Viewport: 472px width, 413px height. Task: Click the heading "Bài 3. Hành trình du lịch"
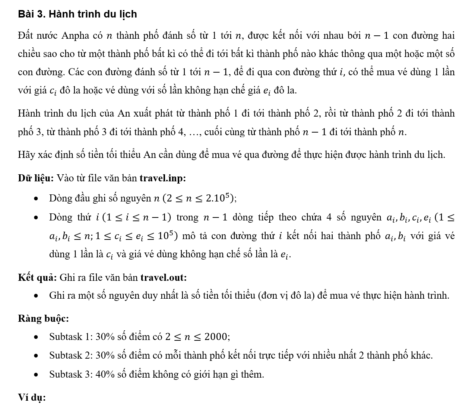pos(77,14)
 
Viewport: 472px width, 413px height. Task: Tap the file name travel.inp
pos(162,178)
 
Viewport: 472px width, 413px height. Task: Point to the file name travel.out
pos(164,277)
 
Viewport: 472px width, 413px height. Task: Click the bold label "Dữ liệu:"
pos(36,178)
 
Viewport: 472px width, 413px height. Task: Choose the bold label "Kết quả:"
pos(37,277)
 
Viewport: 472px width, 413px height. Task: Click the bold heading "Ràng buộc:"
pos(43,318)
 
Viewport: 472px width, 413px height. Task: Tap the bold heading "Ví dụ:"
pos(32,397)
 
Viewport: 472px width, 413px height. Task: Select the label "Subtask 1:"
pos(71,337)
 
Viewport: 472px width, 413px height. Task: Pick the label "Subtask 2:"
pos(71,355)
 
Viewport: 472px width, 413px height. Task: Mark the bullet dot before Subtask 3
pos(36,375)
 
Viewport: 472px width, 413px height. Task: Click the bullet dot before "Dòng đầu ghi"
pos(36,198)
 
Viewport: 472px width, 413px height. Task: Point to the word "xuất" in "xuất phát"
pos(153,114)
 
